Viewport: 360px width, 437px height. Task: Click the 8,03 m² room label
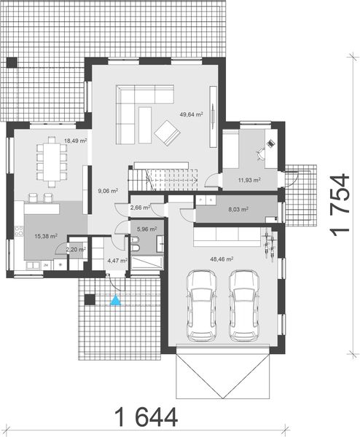(238, 209)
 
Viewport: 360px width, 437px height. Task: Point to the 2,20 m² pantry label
(76, 249)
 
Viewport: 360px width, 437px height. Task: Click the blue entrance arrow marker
(114, 299)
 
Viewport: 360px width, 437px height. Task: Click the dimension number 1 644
(146, 418)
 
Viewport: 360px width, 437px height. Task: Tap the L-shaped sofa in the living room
(141, 102)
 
